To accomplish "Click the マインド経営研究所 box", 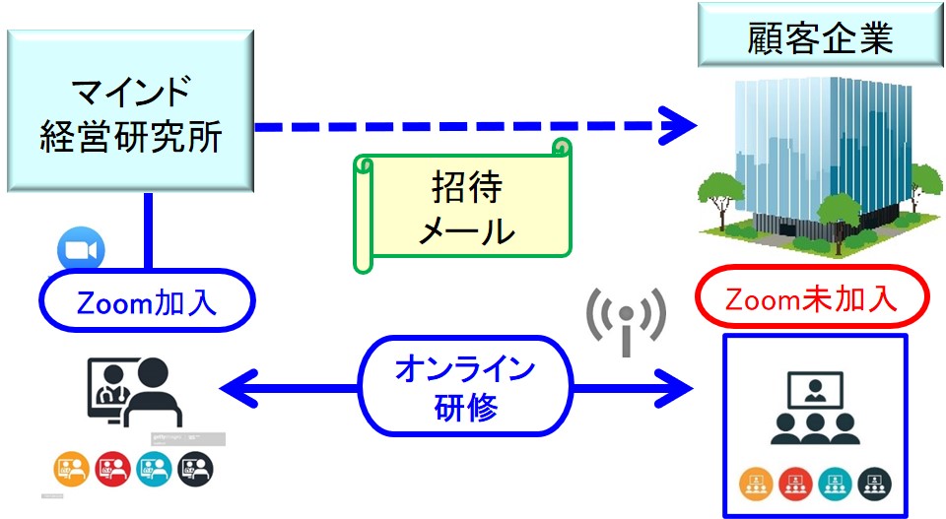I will [130, 110].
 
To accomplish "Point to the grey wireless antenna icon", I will [626, 318].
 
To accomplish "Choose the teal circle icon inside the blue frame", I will [835, 483].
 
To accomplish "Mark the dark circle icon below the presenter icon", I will [193, 466].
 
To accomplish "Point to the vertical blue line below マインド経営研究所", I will [149, 230].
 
